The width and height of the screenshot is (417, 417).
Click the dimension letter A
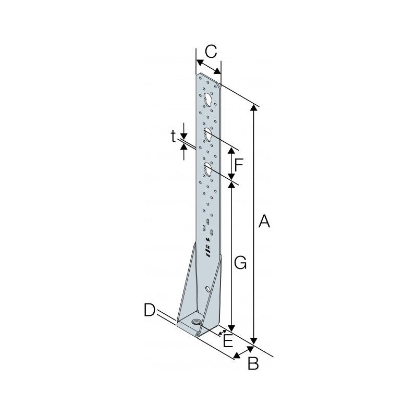264,222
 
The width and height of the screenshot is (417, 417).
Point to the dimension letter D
150,310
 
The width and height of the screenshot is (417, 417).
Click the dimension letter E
228,341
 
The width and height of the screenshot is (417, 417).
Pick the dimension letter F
239,165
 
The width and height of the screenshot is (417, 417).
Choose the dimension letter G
240,263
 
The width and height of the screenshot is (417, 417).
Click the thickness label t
173,137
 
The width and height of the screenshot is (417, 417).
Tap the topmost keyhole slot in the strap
207,100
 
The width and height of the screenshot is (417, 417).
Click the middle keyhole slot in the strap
207,134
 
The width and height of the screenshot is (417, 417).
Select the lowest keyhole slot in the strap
207,169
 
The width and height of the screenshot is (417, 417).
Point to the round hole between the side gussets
208,289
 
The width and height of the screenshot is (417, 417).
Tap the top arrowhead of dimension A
254,108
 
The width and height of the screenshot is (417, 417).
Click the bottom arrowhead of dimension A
254,341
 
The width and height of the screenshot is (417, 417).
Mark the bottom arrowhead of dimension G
231,328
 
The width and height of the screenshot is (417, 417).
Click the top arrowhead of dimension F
231,151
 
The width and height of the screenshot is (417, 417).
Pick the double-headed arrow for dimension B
243,352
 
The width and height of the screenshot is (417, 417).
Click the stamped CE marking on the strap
208,246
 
